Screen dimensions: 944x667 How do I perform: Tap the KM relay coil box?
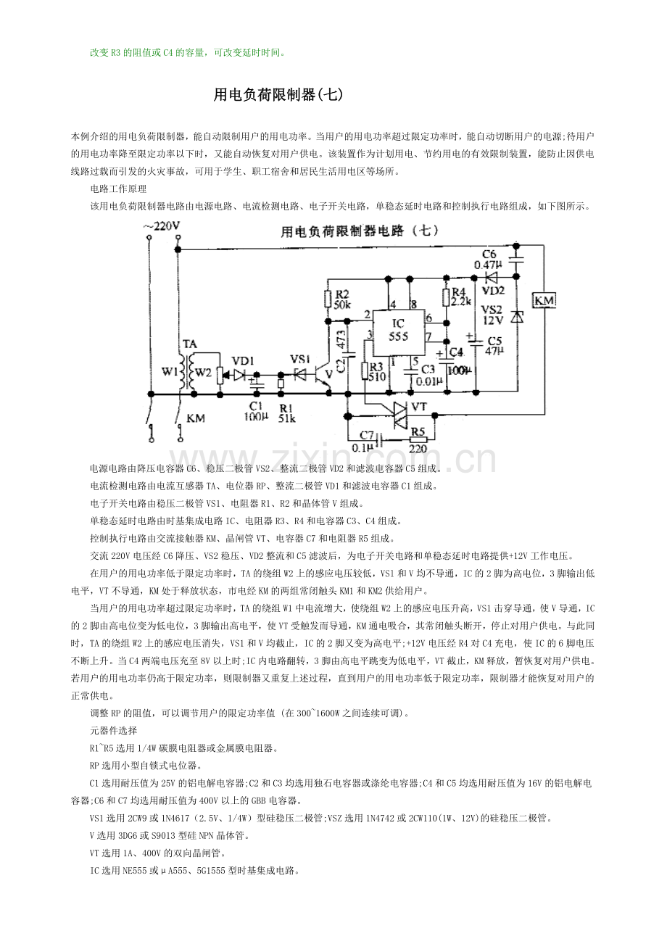544,299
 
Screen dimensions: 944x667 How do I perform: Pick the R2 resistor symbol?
328,298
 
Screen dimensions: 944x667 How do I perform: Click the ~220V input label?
163,226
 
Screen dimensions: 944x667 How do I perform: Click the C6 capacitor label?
490,254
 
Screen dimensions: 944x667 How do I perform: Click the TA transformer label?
189,343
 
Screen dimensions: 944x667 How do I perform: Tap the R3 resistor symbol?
365,370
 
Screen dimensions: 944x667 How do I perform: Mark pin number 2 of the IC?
369,315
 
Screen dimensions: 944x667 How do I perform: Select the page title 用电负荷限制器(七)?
278,95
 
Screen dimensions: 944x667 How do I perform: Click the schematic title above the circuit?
360,231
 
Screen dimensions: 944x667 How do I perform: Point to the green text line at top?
188,52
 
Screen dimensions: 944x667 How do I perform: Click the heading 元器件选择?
113,730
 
